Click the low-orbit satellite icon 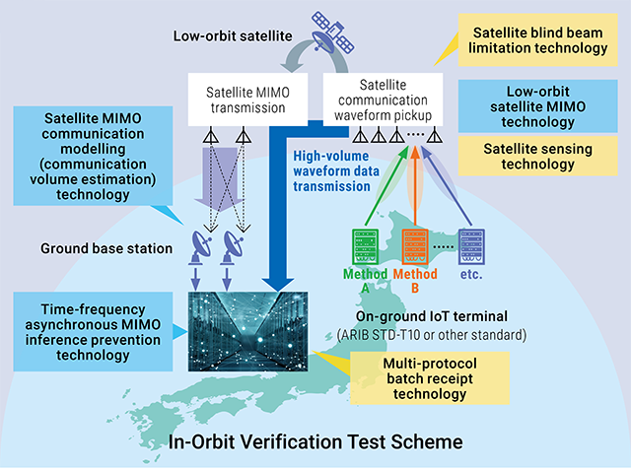pos(332,33)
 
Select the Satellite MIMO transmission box pos(247,100)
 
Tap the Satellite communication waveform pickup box pos(383,100)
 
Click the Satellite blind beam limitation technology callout pos(537,39)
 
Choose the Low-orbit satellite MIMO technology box pos(537,106)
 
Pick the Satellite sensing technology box pos(537,156)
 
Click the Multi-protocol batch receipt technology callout pos(430,378)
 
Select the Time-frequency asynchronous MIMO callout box pos(93,332)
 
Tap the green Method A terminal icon pos(365,246)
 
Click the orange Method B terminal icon pos(415,246)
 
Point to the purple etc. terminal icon pos(471,246)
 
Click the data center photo pos(247,331)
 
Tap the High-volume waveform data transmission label pos(335,170)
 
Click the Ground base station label pos(106,248)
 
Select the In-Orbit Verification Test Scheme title pos(315,441)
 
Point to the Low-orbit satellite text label pos(233,35)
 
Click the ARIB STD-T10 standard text pos(432,334)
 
